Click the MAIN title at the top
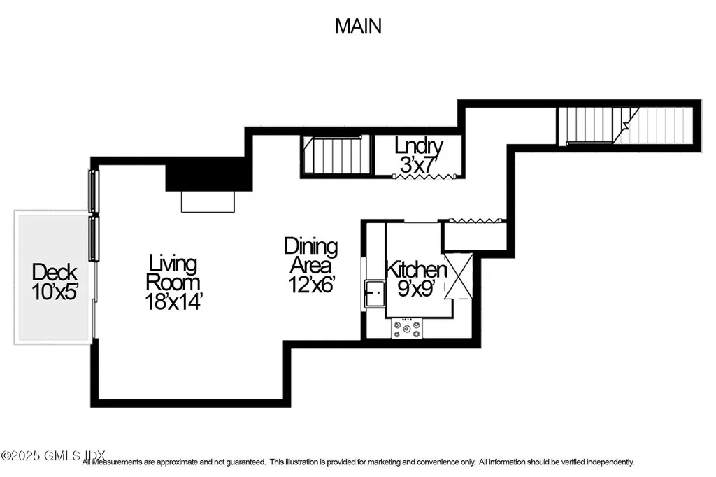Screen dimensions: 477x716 click(x=358, y=26)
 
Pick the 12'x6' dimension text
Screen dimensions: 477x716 click(x=310, y=285)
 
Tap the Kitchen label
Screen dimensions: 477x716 click(x=417, y=269)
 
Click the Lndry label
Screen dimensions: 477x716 click(x=419, y=147)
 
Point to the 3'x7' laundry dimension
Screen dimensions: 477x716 click(x=419, y=166)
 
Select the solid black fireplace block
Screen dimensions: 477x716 click(x=208, y=174)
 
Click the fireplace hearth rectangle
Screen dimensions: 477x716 click(x=208, y=201)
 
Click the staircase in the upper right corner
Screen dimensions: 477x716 click(x=626, y=125)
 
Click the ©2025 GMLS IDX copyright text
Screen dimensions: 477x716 click(x=41, y=455)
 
